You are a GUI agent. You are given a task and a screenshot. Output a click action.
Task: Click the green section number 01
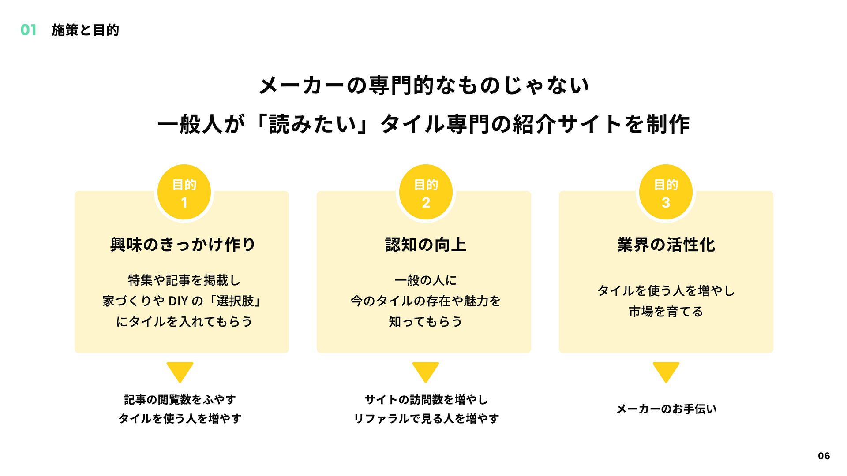[x=28, y=30]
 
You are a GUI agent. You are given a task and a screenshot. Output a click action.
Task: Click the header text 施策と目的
[x=85, y=30]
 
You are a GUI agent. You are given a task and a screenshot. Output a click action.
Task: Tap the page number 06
[x=824, y=456]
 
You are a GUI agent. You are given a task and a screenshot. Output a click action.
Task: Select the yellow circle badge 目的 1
[x=184, y=193]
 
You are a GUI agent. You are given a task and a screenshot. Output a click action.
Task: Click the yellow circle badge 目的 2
[x=426, y=193]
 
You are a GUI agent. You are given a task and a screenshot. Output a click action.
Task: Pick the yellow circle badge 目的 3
[x=666, y=193]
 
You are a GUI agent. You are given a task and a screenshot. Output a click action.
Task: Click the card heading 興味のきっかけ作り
[x=183, y=245]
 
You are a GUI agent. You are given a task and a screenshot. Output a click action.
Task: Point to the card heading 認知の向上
[x=425, y=245]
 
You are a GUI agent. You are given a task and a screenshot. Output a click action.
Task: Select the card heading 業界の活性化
[x=666, y=245]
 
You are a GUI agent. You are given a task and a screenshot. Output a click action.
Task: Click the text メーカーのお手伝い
[x=666, y=409]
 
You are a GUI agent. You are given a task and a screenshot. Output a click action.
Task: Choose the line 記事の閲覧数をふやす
[x=180, y=400]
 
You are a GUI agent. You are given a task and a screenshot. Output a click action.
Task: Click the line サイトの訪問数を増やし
[x=426, y=400]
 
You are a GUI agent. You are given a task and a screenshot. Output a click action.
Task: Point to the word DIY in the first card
[x=178, y=301]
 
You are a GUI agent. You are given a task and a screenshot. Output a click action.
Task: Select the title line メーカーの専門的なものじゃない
[x=424, y=85]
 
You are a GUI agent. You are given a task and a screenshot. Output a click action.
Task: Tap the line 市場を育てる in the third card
[x=666, y=312]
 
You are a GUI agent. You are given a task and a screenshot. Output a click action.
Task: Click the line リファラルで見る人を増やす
[x=426, y=418]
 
